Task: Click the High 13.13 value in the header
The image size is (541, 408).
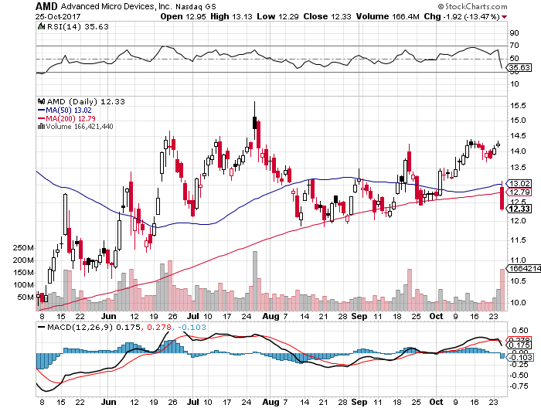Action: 230,15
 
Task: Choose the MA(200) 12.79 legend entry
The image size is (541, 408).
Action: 69,118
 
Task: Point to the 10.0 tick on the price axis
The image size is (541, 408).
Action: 517,302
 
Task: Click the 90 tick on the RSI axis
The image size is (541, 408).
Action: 513,33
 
